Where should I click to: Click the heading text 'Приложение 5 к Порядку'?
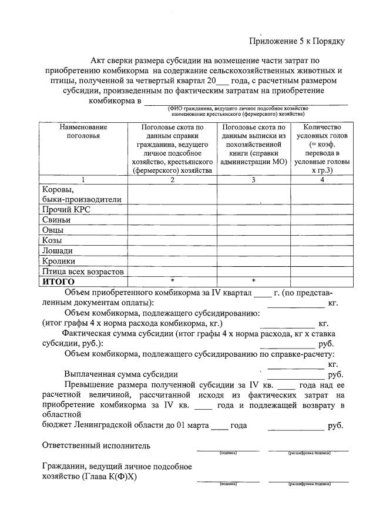click(296, 41)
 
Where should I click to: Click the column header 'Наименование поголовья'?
click(83, 132)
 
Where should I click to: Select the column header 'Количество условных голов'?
click(322, 132)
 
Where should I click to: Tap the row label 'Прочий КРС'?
click(66, 209)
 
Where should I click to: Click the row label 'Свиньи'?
click(56, 220)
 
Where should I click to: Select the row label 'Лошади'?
click(58, 251)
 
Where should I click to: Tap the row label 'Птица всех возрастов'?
click(83, 272)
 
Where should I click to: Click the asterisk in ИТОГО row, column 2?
click(172, 282)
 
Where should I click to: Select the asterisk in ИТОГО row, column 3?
click(253, 282)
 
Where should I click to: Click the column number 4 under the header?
click(322, 180)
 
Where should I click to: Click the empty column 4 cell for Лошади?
click(322, 251)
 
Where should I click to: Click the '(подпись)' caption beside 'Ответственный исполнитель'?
click(227, 453)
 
